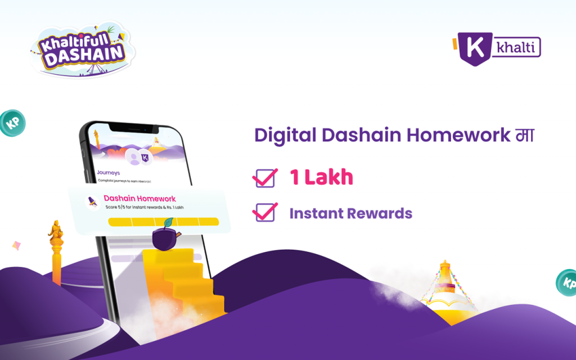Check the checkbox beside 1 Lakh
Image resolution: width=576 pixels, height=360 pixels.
tap(265, 178)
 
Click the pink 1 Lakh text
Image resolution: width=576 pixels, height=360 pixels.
tap(321, 178)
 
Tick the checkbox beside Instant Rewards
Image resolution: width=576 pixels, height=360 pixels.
tap(265, 213)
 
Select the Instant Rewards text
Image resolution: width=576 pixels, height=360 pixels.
tap(350, 214)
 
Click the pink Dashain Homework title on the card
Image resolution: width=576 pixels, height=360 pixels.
tap(139, 199)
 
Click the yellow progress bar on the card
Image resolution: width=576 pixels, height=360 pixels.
tap(163, 222)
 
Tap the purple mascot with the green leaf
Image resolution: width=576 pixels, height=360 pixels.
tap(165, 237)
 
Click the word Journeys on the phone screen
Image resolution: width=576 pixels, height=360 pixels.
tap(109, 172)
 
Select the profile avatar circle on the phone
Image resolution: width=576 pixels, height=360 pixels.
tap(134, 159)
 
